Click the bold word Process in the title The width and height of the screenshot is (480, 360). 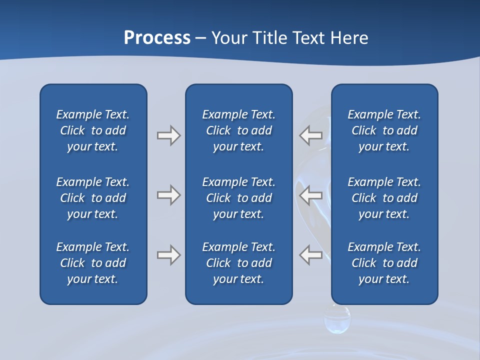tap(157, 38)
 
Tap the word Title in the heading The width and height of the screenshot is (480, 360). tap(269, 38)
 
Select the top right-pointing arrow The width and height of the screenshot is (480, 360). tap(168, 135)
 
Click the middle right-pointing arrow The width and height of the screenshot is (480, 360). tap(168, 195)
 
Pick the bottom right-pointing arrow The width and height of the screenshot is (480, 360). tap(168, 255)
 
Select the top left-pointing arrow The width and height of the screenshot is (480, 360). tap(311, 135)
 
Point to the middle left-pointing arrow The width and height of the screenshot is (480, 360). tap(311, 195)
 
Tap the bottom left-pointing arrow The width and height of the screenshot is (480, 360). tap(311, 255)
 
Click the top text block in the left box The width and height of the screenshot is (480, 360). tap(93, 130)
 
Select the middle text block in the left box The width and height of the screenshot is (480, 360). tap(93, 198)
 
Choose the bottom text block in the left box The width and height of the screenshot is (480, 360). tap(93, 263)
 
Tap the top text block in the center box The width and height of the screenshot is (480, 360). tap(239, 130)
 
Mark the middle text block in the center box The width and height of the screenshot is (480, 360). tap(239, 198)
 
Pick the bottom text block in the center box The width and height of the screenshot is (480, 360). tap(239, 263)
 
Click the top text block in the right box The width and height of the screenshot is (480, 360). tap(384, 130)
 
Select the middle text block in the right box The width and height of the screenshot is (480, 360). tap(384, 198)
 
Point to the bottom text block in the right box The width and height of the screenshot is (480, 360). tap(384, 263)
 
